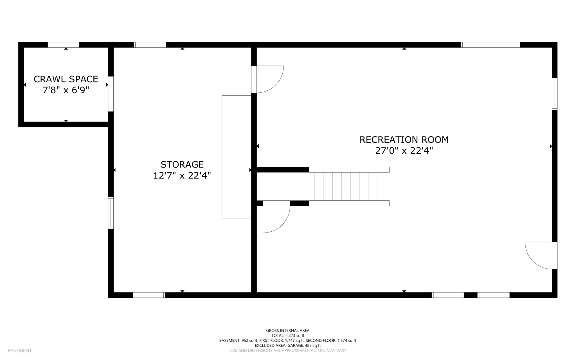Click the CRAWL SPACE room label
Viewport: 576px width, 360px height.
(66, 79)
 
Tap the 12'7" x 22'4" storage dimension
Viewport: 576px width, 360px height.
(182, 176)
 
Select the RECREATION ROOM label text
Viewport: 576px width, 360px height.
(404, 140)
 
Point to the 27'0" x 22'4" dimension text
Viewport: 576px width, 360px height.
(404, 151)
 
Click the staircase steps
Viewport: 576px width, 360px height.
(350, 186)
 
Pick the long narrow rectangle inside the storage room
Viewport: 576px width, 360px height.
(236, 157)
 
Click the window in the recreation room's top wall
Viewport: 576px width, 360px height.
(490, 45)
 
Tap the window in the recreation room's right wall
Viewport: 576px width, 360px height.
(554, 94)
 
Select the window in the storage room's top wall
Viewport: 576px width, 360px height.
(150, 45)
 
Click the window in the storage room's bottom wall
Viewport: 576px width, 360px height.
(149, 295)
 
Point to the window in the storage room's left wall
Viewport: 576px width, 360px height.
(111, 213)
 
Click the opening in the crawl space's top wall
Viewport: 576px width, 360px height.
(63, 45)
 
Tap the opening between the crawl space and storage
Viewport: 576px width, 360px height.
(111, 94)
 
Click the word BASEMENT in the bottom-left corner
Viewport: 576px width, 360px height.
(20, 350)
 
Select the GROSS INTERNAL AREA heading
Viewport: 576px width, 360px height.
(288, 330)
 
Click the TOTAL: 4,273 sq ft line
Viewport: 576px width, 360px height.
(288, 336)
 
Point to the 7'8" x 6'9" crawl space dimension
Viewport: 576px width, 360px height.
(66, 90)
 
